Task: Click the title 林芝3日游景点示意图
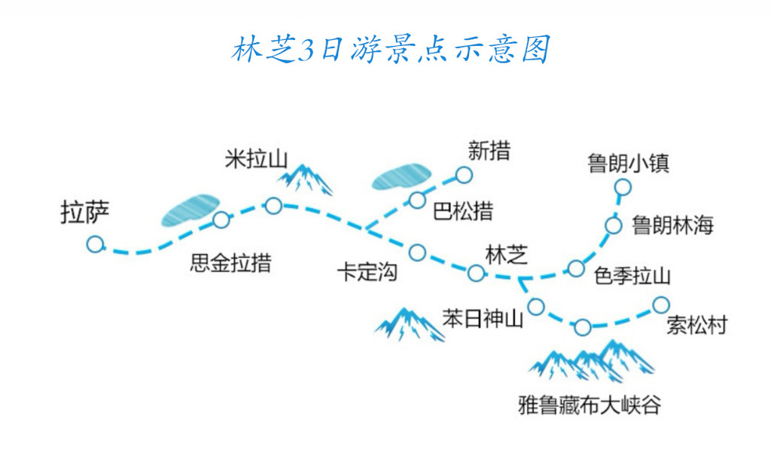click(391, 50)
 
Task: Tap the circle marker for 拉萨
click(95, 244)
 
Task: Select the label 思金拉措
click(230, 265)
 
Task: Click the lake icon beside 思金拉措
click(190, 210)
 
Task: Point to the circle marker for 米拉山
click(273, 205)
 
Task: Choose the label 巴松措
click(463, 212)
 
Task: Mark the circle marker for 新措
click(464, 176)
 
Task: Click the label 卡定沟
click(367, 272)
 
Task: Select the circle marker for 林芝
click(476, 273)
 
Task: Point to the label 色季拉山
click(632, 276)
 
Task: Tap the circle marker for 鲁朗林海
click(614, 225)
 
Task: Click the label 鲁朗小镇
click(629, 163)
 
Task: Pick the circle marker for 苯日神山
click(536, 306)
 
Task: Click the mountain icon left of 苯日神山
click(410, 323)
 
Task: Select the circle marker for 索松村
click(660, 304)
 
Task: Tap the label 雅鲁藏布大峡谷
click(590, 405)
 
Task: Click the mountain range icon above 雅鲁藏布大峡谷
click(592, 360)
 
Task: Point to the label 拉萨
click(85, 213)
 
